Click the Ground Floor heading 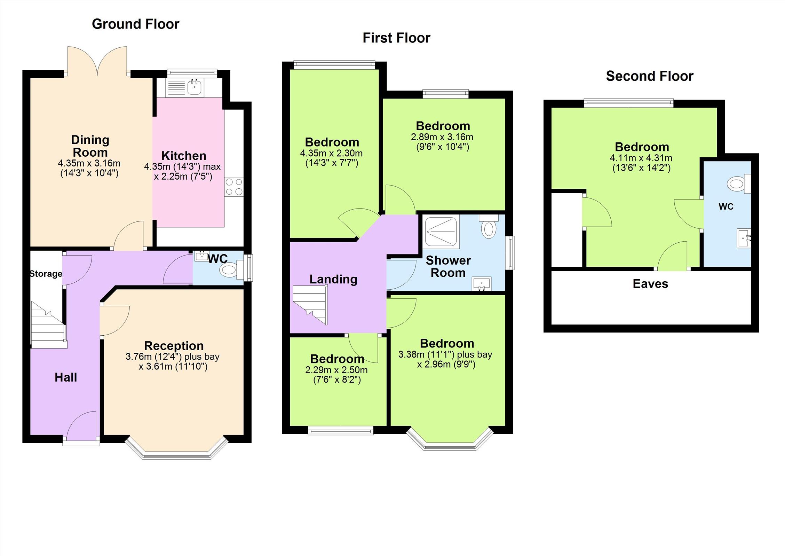pos(135,24)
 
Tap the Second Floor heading pos(650,76)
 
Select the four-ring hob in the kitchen pos(234,187)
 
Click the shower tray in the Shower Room pos(441,232)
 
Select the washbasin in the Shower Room pos(481,284)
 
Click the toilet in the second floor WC pos(739,183)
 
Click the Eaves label pos(650,284)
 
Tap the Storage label pos(46,274)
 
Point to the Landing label pos(333,279)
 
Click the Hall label pos(66,377)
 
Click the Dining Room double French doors pos(97,61)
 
